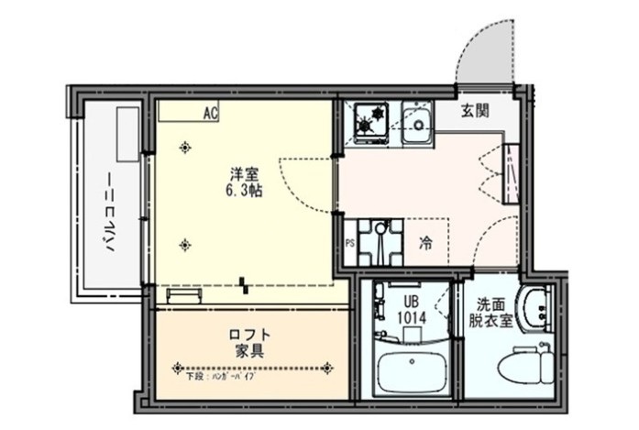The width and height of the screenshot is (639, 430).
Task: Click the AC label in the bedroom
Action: (211, 114)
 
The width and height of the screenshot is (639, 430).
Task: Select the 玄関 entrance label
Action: (474, 112)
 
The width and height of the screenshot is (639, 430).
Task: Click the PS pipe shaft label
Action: (349, 243)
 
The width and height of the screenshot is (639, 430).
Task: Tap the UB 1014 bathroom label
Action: (409, 309)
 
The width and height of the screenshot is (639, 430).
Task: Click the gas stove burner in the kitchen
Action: (372, 120)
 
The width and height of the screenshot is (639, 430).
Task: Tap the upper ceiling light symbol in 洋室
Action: (187, 147)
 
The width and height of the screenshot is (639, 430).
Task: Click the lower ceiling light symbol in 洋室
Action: (187, 243)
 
